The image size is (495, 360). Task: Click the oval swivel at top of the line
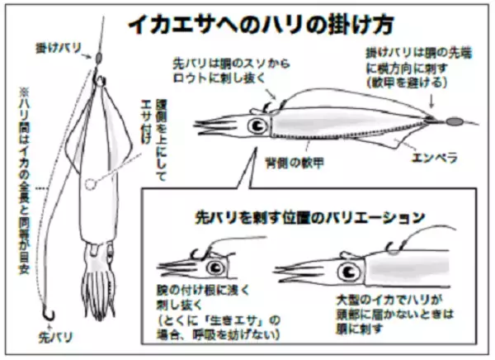click(97, 59)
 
